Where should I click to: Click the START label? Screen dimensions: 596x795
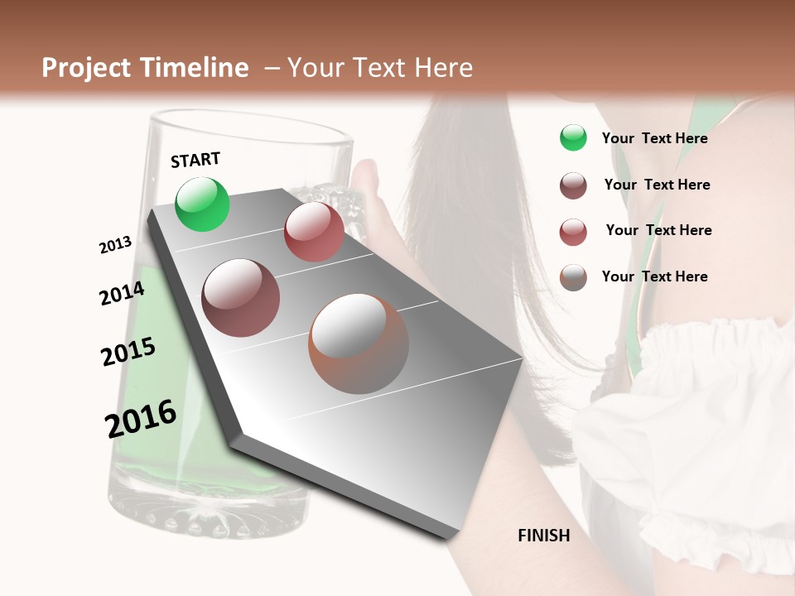pyautogui.click(x=195, y=160)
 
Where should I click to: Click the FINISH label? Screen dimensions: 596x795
pyautogui.click(x=544, y=536)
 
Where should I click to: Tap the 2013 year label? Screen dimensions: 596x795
pyautogui.click(x=116, y=245)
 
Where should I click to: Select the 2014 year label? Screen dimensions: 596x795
pyautogui.click(x=122, y=293)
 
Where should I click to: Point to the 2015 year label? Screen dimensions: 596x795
pyautogui.click(x=128, y=351)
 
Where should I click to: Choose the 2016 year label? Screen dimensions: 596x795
pyautogui.click(x=141, y=418)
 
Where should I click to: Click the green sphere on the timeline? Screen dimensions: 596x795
pyautogui.click(x=202, y=204)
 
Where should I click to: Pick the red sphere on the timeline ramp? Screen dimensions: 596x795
pyautogui.click(x=314, y=232)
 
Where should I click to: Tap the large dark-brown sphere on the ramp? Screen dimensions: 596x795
pyautogui.click(x=241, y=298)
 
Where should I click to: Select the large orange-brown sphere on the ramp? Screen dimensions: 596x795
pyautogui.click(x=359, y=344)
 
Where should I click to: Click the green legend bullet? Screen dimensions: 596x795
pyautogui.click(x=573, y=137)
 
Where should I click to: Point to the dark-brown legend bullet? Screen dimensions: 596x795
pyautogui.click(x=573, y=185)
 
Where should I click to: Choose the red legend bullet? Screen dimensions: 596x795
pyautogui.click(x=573, y=232)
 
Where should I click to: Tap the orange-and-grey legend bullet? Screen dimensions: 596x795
pyautogui.click(x=573, y=277)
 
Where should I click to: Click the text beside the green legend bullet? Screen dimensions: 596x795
pyautogui.click(x=654, y=138)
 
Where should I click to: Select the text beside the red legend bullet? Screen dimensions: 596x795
pyautogui.click(x=658, y=230)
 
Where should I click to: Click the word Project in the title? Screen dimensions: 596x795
pyautogui.click(x=87, y=68)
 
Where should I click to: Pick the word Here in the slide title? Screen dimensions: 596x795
pyautogui.click(x=443, y=68)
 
